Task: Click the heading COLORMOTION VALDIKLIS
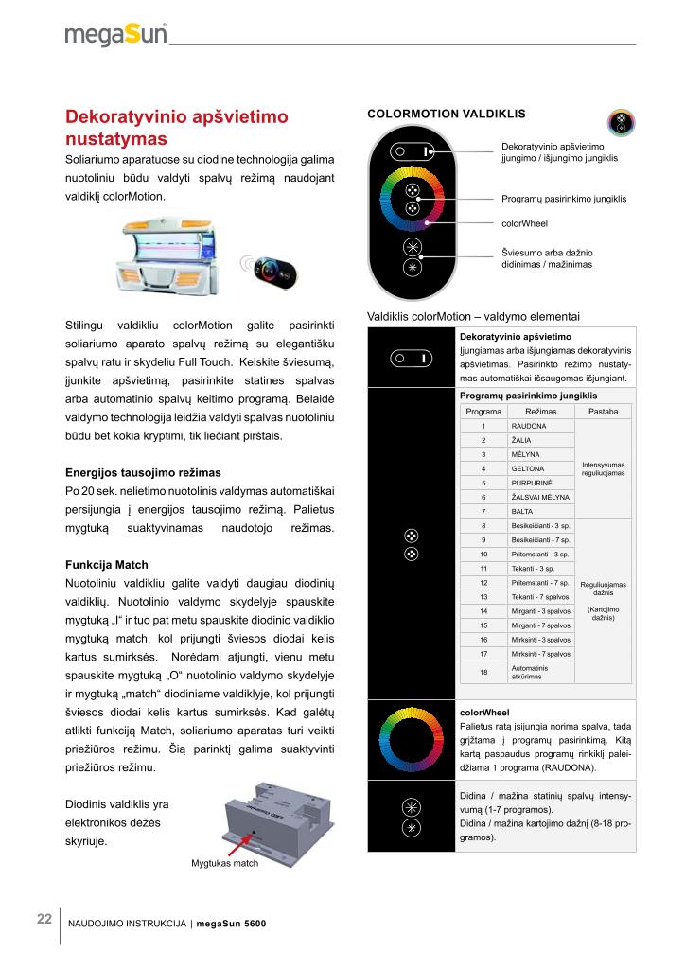[446, 114]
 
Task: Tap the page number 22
[44, 919]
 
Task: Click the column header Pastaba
[603, 413]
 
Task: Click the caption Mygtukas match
[224, 863]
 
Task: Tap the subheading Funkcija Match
[106, 565]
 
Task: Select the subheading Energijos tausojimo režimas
[143, 472]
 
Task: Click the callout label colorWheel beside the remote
[524, 224]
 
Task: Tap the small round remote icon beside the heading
[621, 123]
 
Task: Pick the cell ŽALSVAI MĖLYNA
[538, 497]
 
